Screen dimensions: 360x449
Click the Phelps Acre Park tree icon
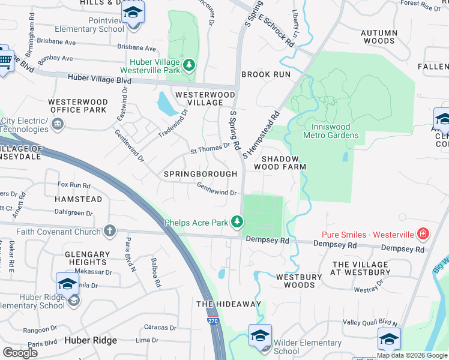tap(238, 223)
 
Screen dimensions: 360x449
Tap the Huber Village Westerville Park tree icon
tap(190, 64)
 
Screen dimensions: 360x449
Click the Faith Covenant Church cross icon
tap(109, 230)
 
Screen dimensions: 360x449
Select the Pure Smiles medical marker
tap(423, 234)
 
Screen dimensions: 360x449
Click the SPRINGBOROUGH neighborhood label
tap(200, 173)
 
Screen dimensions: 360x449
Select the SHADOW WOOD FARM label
tap(280, 162)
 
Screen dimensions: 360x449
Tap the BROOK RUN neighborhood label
tap(266, 74)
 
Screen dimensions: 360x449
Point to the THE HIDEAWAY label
tap(229, 304)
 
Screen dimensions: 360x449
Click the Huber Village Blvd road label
tap(100, 78)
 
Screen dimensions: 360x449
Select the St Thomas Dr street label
tap(210, 148)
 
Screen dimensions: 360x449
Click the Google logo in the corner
tap(20, 353)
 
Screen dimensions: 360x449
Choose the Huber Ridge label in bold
tap(91, 340)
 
